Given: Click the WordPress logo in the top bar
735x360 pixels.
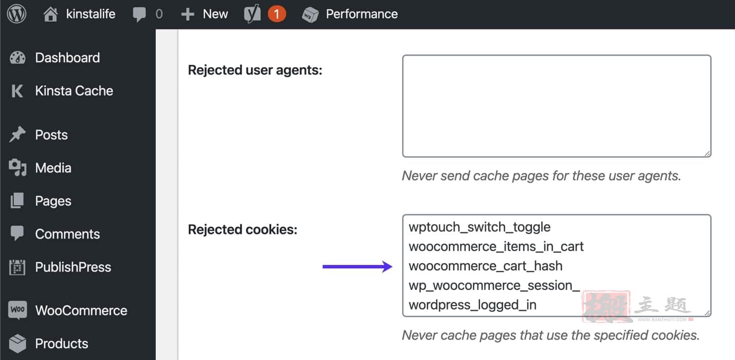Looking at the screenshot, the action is (x=16, y=14).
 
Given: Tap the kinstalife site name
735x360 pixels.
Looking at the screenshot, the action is (x=91, y=14).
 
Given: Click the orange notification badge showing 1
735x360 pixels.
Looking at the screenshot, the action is (x=277, y=14).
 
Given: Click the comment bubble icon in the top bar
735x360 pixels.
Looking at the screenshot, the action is (x=139, y=14).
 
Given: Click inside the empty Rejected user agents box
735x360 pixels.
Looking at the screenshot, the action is (x=557, y=106).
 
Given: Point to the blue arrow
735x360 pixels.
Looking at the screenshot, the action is (x=357, y=266).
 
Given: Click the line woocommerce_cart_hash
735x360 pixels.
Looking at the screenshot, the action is (x=486, y=266).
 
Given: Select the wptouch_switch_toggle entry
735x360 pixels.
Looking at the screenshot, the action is (x=480, y=227).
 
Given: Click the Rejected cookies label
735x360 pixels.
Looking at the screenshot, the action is (x=243, y=230).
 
